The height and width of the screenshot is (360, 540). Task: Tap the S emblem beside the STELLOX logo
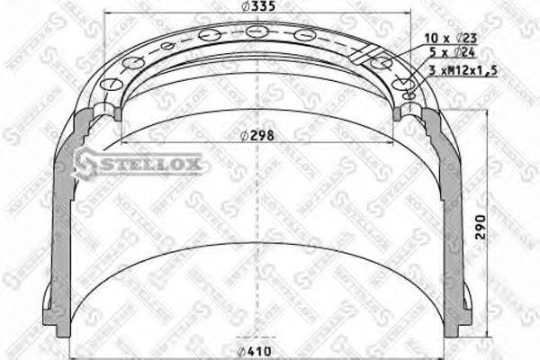coord(85,163)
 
